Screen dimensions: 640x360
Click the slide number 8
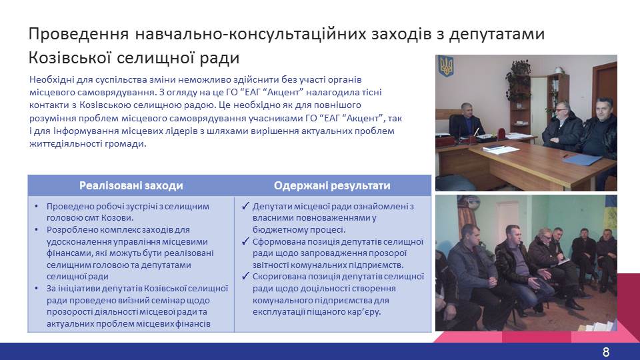pyautogui.click(x=606, y=352)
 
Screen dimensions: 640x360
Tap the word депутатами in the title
pyautogui.click(x=497, y=35)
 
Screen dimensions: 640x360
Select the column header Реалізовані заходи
pyautogui.click(x=131, y=186)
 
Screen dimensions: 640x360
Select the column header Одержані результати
pyautogui.click(x=332, y=186)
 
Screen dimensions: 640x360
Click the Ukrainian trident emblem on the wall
pyautogui.click(x=445, y=67)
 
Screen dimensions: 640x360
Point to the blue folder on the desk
pyautogui.click(x=581, y=159)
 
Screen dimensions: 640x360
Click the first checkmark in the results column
pyautogui.click(x=245, y=206)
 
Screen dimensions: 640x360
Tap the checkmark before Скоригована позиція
pyautogui.click(x=245, y=276)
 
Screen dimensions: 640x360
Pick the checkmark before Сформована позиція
pyautogui.click(x=245, y=241)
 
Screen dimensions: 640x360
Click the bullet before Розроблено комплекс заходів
pyautogui.click(x=37, y=230)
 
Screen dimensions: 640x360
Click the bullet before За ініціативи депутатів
pyautogui.click(x=37, y=289)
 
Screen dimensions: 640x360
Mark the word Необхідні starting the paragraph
pyautogui.click(x=51, y=79)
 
